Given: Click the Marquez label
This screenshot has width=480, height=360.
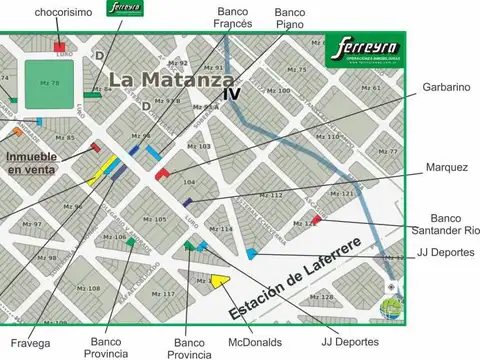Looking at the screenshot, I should (x=446, y=167).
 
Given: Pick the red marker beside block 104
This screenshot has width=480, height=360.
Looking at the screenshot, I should (x=162, y=174).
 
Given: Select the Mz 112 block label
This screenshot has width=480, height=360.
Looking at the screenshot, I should (x=271, y=195).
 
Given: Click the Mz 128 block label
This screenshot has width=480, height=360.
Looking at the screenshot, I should (x=322, y=297).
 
